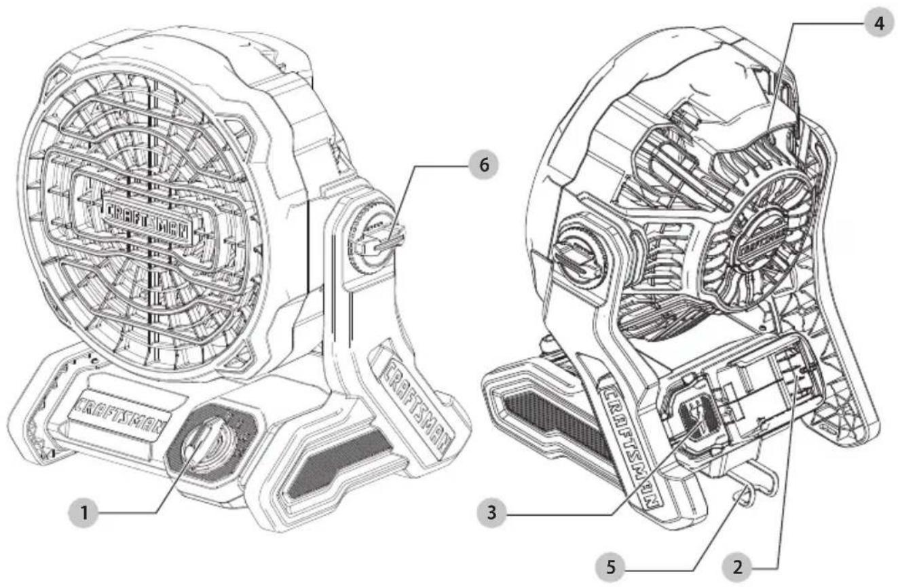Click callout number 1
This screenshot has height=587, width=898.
point(83,512)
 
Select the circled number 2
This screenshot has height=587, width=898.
point(737,567)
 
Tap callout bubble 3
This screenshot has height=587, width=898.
point(492,512)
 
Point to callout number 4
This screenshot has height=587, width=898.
point(879,23)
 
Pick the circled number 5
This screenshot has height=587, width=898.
point(610,567)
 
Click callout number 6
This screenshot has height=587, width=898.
point(484,165)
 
